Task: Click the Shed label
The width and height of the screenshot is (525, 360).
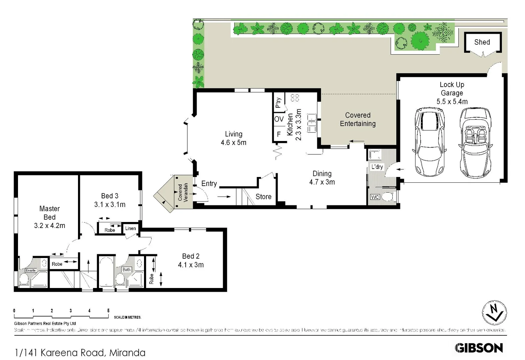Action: tap(482, 42)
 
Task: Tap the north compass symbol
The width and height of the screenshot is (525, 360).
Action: tap(494, 313)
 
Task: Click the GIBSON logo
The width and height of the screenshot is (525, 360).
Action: tap(479, 348)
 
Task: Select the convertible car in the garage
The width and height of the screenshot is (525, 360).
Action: tap(475, 143)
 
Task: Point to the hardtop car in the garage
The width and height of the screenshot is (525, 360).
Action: tap(429, 142)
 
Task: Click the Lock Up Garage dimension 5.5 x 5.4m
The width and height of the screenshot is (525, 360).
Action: tap(452, 102)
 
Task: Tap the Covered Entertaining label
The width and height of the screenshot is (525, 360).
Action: tap(358, 119)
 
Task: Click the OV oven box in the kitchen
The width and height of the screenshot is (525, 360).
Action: tap(279, 119)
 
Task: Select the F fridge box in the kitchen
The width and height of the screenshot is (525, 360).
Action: tap(279, 134)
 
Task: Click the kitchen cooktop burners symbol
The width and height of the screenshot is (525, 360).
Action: tap(295, 98)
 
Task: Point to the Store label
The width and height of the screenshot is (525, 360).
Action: tap(263, 197)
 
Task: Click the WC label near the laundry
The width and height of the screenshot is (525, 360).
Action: tap(375, 197)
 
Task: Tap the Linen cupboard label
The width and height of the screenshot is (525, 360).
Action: tap(130, 228)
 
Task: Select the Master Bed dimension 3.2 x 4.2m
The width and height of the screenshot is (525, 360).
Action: tap(50, 226)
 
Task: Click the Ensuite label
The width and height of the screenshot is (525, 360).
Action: tap(31, 270)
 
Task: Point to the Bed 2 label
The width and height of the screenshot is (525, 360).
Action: tap(191, 256)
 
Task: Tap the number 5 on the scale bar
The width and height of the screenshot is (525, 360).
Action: tap(108, 311)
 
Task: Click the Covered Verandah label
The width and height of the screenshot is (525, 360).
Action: tap(183, 192)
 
